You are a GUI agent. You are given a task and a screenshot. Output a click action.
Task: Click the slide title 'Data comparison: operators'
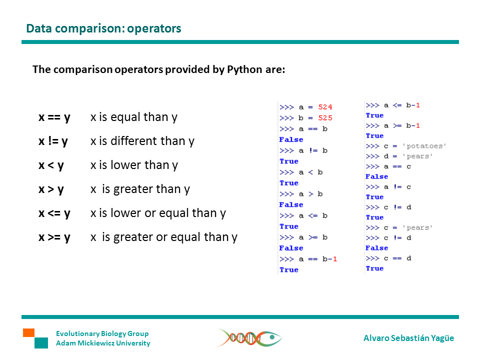[103, 28]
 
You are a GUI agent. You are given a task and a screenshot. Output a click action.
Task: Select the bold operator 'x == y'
[54, 117]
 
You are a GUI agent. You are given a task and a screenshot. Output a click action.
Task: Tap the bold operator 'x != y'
[53, 141]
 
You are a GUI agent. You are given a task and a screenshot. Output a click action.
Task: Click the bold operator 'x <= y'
[54, 213]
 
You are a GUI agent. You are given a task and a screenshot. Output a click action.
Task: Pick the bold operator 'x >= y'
[54, 237]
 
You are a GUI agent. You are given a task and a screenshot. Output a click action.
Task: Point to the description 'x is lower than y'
[134, 165]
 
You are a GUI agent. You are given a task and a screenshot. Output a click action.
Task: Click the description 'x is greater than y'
[140, 189]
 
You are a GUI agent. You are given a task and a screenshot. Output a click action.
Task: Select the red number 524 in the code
[325, 107]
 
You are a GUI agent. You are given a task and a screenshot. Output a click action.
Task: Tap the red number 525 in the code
[325, 118]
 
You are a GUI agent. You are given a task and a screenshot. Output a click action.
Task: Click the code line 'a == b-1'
[318, 259]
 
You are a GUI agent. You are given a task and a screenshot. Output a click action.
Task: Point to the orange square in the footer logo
[28, 332]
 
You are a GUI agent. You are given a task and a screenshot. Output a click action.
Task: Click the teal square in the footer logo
[41, 343]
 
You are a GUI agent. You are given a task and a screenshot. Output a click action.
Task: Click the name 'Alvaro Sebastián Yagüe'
[408, 338]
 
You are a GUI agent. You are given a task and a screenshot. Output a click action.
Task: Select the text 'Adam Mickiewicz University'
[103, 343]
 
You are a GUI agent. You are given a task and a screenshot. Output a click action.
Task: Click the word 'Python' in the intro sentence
[244, 69]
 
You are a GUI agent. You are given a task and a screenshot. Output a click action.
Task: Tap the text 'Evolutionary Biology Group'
[102, 333]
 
